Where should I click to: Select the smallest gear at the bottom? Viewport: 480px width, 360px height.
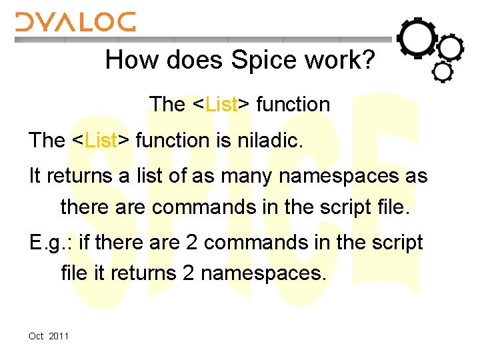(443, 71)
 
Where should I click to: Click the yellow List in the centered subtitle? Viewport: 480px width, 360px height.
(223, 105)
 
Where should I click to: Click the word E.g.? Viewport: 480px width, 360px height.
(51, 243)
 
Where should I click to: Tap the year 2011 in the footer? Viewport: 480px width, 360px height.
(59, 336)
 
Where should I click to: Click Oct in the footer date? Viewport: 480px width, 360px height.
(36, 336)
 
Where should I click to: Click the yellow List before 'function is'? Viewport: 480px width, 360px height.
(102, 140)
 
